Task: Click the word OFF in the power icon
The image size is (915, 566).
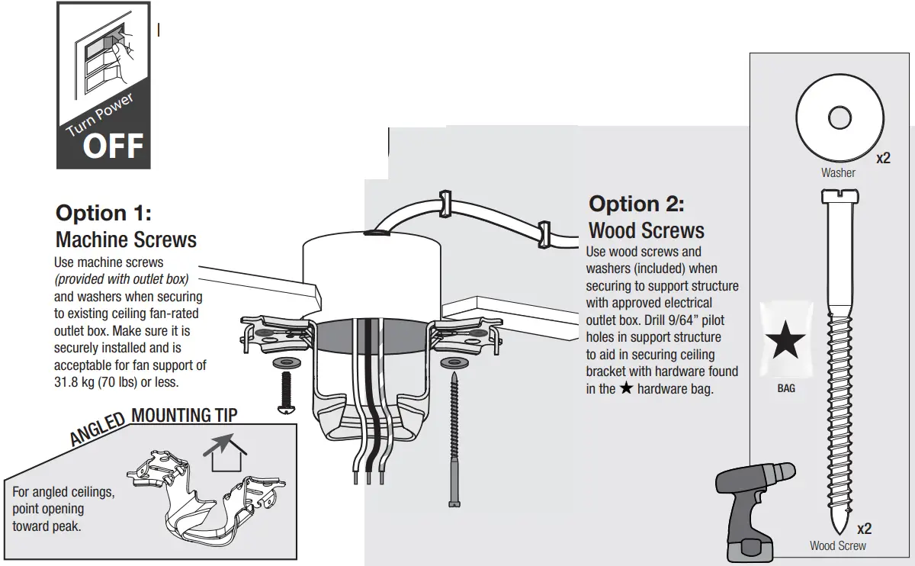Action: point(113,146)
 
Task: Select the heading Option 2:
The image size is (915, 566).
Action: point(637,204)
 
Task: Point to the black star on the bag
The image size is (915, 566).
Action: point(785,342)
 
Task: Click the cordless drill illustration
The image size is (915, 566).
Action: point(752,511)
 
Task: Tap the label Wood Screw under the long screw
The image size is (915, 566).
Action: point(838,545)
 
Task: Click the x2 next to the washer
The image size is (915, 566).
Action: point(883,159)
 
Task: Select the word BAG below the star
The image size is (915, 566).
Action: point(786,388)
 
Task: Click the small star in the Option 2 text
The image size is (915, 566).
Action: point(626,389)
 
